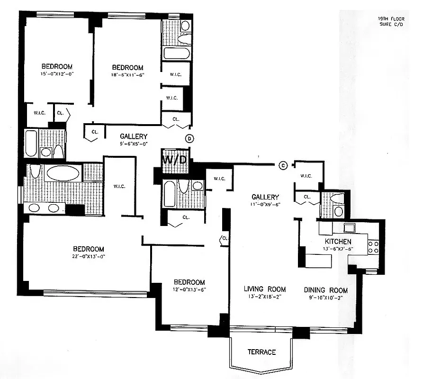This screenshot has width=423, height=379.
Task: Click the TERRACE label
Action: click(x=261, y=352)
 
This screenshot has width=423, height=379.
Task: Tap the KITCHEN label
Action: click(x=338, y=242)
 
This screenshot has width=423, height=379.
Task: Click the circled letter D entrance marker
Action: click(x=189, y=138)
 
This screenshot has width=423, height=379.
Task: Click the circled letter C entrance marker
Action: click(x=283, y=165)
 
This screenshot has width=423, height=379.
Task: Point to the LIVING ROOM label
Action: click(x=265, y=289)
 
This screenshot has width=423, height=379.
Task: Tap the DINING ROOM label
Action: click(x=325, y=290)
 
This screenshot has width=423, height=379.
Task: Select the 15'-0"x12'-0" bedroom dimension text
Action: click(x=56, y=73)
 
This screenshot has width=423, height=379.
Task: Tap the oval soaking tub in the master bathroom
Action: click(x=63, y=173)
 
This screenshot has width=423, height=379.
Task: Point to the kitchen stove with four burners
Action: click(x=373, y=246)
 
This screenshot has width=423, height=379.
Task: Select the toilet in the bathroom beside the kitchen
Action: click(x=337, y=199)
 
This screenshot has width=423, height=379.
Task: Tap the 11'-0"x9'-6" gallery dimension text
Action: click(x=265, y=205)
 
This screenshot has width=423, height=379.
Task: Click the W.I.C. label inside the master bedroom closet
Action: click(x=119, y=186)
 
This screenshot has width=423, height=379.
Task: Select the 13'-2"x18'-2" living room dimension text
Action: click(x=265, y=297)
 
